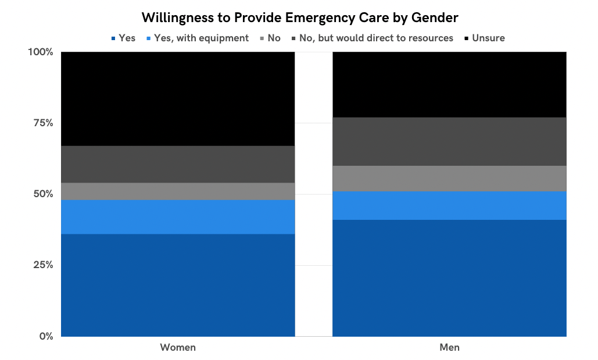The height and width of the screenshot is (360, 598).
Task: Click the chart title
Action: pyautogui.click(x=300, y=18)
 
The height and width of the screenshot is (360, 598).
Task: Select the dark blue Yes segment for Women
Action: pyautogui.click(x=178, y=285)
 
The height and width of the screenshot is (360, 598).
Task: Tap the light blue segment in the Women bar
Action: pyautogui.click(x=178, y=217)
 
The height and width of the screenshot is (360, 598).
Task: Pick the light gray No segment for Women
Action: pyautogui.click(x=178, y=191)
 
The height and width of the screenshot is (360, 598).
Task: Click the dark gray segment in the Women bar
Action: pyautogui.click(x=178, y=165)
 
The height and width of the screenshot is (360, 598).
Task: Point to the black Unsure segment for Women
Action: pyautogui.click(x=178, y=99)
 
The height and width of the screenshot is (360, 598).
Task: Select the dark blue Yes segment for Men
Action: pyautogui.click(x=449, y=278)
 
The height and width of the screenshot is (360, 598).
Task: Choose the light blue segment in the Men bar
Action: pyautogui.click(x=449, y=205)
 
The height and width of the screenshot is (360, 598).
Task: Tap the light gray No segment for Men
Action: pyautogui.click(x=449, y=179)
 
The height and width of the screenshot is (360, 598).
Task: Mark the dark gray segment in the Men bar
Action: pyautogui.click(x=449, y=141)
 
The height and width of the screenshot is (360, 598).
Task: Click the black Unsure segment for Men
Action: pyautogui.click(x=449, y=85)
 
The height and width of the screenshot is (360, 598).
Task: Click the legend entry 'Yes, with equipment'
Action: pyautogui.click(x=200, y=38)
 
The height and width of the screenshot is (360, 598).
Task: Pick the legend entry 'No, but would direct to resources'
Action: pyautogui.click(x=375, y=38)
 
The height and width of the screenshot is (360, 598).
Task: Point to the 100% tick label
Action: pyautogui.click(x=41, y=52)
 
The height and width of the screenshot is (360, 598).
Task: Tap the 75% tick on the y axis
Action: pyautogui.click(x=42, y=123)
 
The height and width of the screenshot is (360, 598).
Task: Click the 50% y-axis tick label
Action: pyautogui.click(x=42, y=194)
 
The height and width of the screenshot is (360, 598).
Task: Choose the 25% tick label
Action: pyautogui.click(x=42, y=265)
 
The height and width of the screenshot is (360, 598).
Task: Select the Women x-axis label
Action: pyautogui.click(x=178, y=348)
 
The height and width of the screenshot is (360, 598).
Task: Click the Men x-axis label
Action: pyautogui.click(x=449, y=348)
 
